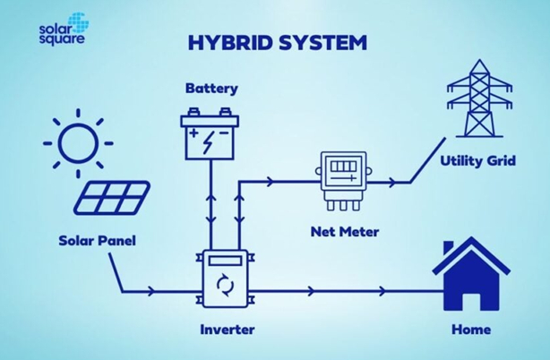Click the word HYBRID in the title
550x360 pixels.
click(x=219, y=42)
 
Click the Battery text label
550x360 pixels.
click(x=212, y=89)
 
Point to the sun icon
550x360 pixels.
click(x=76, y=141)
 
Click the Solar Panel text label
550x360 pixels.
click(x=97, y=240)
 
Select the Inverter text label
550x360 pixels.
click(x=228, y=330)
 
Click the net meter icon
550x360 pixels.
click(x=344, y=177)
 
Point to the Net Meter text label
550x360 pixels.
click(x=345, y=232)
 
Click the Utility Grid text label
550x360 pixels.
click(x=477, y=161)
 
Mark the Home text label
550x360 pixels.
click(x=471, y=330)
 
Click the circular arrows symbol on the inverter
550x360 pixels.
click(x=224, y=287)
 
